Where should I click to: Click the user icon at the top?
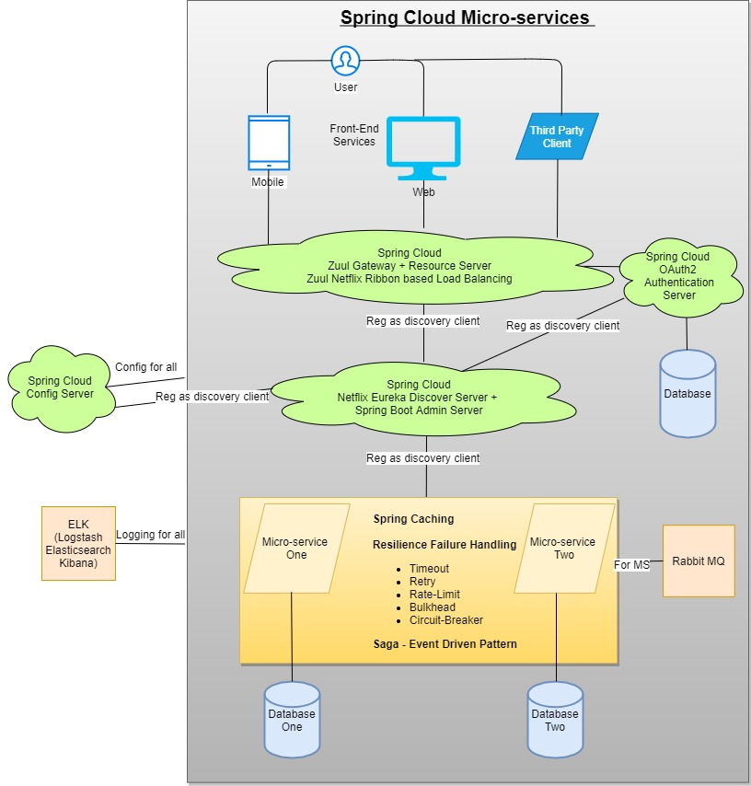click(x=345, y=62)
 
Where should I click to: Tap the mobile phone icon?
click(x=269, y=143)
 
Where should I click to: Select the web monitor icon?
click(x=423, y=148)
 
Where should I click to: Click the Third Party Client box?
click(x=557, y=136)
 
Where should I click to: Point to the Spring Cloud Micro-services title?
click(x=465, y=17)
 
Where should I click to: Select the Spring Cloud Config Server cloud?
click(x=60, y=387)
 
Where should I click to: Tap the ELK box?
click(x=78, y=543)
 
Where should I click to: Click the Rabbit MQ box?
click(x=699, y=561)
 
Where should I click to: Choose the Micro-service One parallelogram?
click(x=295, y=549)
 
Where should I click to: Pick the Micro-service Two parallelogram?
click(x=562, y=549)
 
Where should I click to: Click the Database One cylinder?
click(x=292, y=720)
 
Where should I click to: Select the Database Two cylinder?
click(x=555, y=720)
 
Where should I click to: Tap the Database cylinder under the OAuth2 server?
click(x=687, y=393)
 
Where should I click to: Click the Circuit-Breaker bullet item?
click(x=445, y=620)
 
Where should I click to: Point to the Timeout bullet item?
click(x=429, y=569)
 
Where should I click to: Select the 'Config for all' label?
click(x=145, y=367)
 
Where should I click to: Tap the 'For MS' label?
click(x=631, y=564)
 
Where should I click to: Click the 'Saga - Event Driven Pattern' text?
click(x=445, y=644)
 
